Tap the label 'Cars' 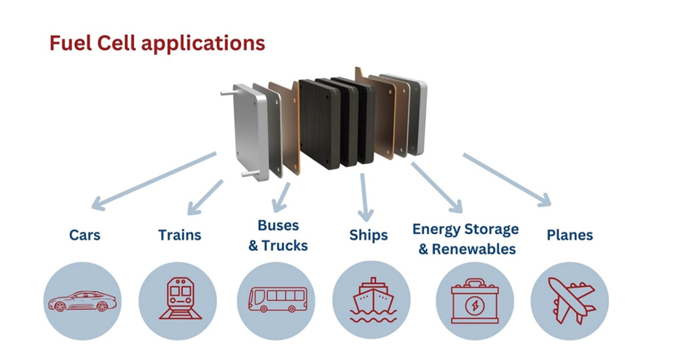[84, 235]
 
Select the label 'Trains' [179, 235]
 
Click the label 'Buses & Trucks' [278, 235]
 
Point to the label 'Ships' [368, 235]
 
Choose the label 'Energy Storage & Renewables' [465, 238]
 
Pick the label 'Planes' [569, 235]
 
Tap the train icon [178, 300]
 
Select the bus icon [276, 300]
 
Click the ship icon [372, 300]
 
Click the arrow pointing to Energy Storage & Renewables [436, 189]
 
